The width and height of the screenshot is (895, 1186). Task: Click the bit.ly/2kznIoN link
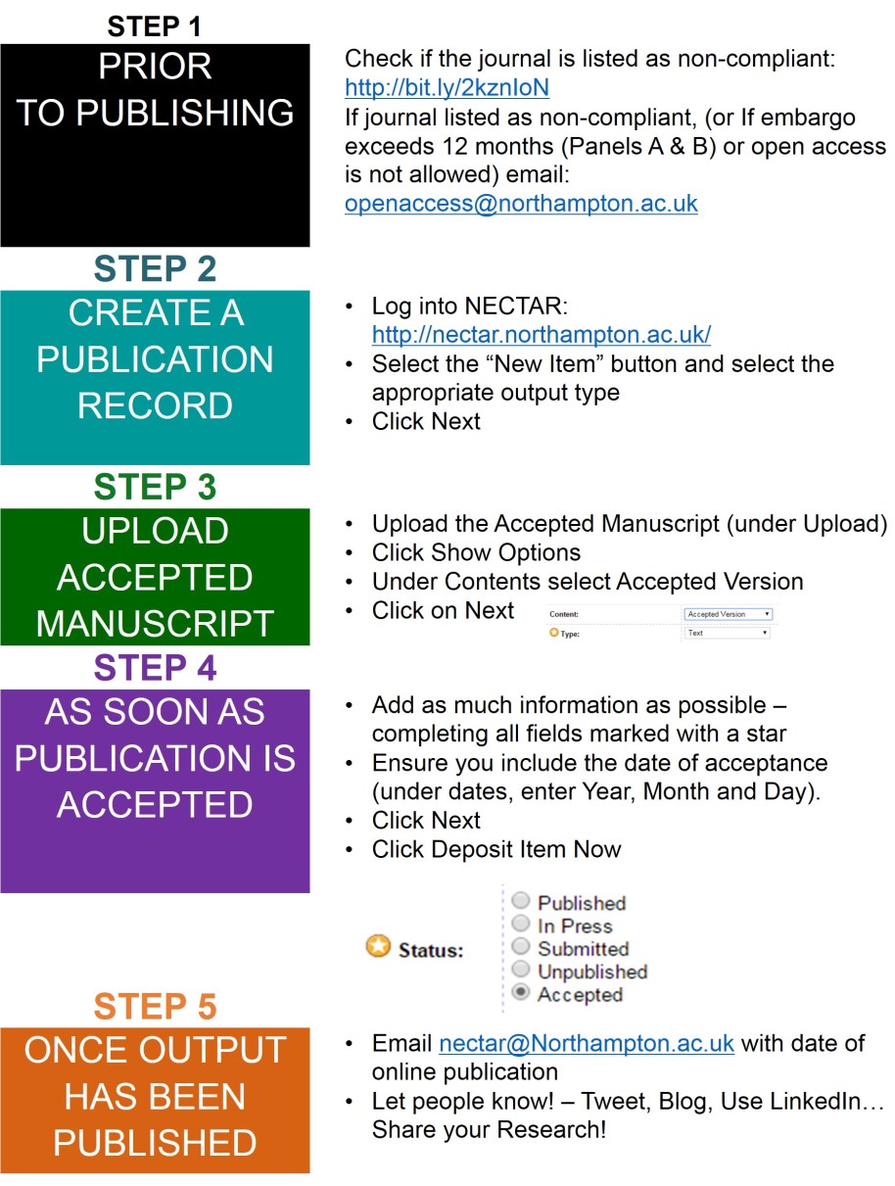coord(447,88)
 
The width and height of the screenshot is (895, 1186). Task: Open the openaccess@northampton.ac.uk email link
coord(521,205)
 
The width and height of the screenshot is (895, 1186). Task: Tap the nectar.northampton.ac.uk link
coord(541,335)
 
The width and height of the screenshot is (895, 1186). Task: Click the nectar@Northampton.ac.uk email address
coord(586,1044)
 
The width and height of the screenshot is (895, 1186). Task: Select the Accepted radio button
coord(521,993)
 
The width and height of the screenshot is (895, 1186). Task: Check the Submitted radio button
coord(521,947)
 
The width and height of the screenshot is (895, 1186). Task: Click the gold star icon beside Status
coord(378,947)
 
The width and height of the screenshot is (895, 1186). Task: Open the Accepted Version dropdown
coord(728,614)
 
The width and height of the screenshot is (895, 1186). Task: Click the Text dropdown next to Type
coord(728,633)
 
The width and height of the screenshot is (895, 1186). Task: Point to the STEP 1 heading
coord(155,25)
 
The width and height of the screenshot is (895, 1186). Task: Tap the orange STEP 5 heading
coord(155,1007)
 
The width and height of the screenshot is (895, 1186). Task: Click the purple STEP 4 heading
coord(155,668)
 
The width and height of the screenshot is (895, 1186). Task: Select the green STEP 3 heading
coord(155,488)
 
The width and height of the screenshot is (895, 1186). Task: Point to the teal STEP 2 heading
coord(155,269)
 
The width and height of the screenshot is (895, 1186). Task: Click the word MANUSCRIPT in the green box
coord(155,623)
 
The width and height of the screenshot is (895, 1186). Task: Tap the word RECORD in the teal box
coord(155,405)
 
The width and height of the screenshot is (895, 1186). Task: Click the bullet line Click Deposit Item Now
coord(495,849)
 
